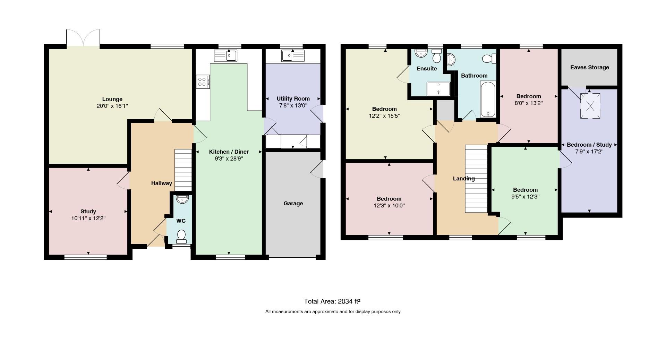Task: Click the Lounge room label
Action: [112, 99]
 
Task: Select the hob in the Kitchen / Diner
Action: [203, 82]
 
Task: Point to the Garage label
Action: [293, 204]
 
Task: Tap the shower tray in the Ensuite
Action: [439, 88]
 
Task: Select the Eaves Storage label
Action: [590, 67]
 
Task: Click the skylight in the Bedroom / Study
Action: [590, 106]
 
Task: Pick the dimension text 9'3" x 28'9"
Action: [229, 158]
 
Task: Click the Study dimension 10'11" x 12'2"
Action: [88, 218]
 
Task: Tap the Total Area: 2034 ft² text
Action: [333, 301]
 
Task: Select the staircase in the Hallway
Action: [183, 170]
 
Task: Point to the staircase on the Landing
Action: [476, 179]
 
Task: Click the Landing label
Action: [464, 179]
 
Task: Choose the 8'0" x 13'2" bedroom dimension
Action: [529, 103]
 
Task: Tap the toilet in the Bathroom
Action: [489, 59]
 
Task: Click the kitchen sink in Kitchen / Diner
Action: [225, 55]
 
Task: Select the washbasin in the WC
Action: [182, 199]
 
